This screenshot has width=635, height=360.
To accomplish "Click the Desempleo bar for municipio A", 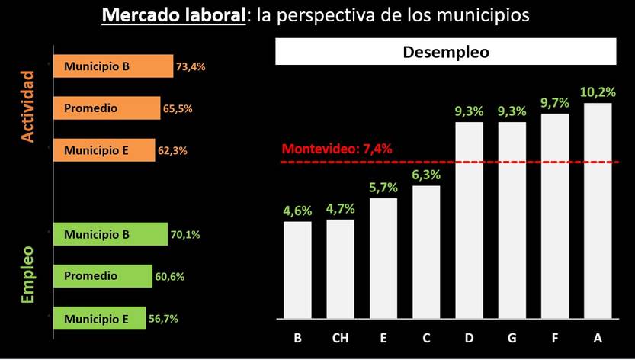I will tap(598, 210).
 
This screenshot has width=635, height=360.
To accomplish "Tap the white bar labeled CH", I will tap(340, 268).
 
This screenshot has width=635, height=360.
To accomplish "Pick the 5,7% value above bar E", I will tap(383, 187).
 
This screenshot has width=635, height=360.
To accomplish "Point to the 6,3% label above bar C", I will tap(426, 174).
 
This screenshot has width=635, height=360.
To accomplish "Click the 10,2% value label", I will tap(598, 92).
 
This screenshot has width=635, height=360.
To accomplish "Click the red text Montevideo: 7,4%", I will tap(337, 149).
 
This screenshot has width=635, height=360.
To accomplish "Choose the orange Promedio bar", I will tap(107, 108).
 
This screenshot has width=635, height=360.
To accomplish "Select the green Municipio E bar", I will tap(99, 319).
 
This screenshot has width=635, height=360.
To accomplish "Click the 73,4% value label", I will tap(191, 67).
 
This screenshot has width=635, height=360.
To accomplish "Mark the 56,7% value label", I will tap(163, 319).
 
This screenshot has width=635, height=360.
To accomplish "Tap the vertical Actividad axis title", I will tap(28, 107).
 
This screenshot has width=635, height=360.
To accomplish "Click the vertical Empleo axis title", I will tap(28, 275).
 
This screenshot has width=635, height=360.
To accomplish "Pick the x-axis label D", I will tap(469, 338).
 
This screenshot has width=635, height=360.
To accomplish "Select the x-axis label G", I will tap(512, 338).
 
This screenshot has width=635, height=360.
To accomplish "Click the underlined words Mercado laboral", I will tap(173, 15).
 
